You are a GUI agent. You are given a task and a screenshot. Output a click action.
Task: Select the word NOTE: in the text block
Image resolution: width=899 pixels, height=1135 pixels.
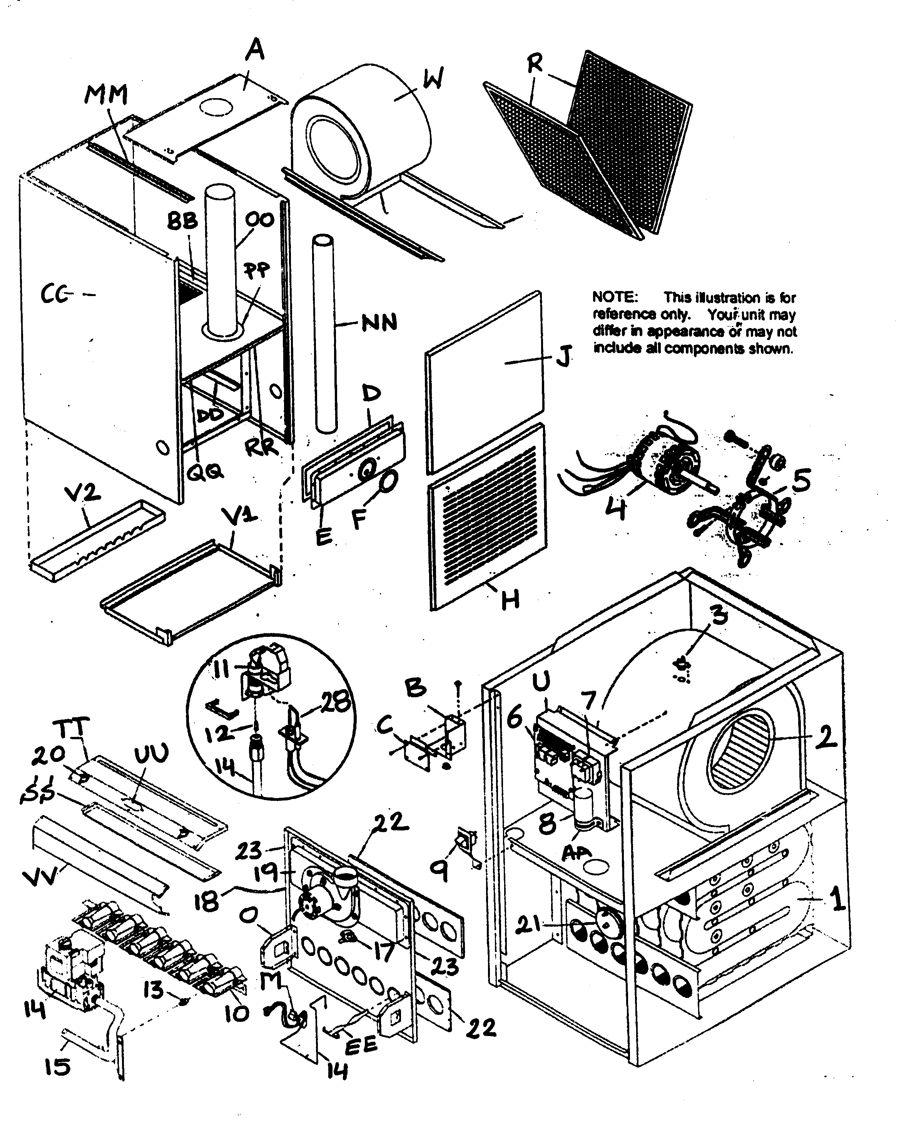point(615,297)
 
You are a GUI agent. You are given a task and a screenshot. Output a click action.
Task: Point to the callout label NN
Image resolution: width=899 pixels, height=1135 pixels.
point(379,322)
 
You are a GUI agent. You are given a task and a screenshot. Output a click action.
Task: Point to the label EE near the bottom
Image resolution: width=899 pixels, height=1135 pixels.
point(361,1045)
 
